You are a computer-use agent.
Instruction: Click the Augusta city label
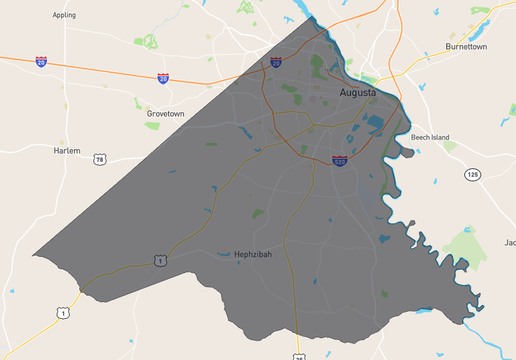click(x=356, y=92)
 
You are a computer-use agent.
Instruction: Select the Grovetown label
click(x=166, y=114)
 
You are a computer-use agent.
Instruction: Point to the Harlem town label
click(x=66, y=150)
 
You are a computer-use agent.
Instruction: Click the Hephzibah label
click(x=251, y=255)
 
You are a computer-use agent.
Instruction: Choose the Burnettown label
click(x=466, y=46)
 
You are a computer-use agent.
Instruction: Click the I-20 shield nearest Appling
click(x=41, y=62)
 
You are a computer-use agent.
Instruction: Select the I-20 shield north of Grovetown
click(x=163, y=77)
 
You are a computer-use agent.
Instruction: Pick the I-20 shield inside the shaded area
click(x=276, y=62)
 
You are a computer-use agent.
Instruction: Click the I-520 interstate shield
click(x=340, y=160)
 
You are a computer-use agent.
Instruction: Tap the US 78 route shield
click(x=99, y=159)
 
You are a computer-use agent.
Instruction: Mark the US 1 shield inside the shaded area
click(x=159, y=260)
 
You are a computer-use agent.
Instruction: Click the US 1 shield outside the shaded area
click(x=64, y=313)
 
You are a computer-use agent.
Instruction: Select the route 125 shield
click(x=472, y=175)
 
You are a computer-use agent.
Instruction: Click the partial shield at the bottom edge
click(x=298, y=356)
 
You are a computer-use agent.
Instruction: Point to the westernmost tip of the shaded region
click(x=34, y=254)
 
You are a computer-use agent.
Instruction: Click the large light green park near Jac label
click(x=461, y=244)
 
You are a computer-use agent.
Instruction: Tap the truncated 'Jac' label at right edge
click(x=509, y=243)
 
